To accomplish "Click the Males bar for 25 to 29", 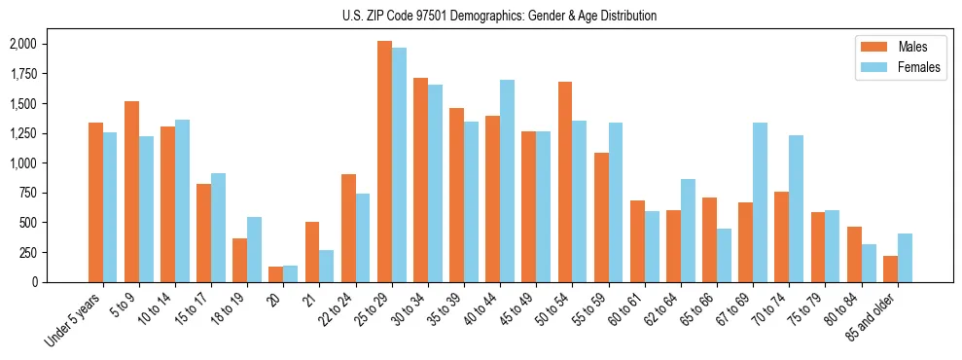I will click(x=384, y=162).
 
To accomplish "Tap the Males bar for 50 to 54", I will click(x=565, y=182).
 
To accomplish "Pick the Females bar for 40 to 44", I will click(x=507, y=181).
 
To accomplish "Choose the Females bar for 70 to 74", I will click(x=796, y=208).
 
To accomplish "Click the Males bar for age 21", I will click(x=312, y=252).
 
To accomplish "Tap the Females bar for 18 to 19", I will click(x=255, y=249).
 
